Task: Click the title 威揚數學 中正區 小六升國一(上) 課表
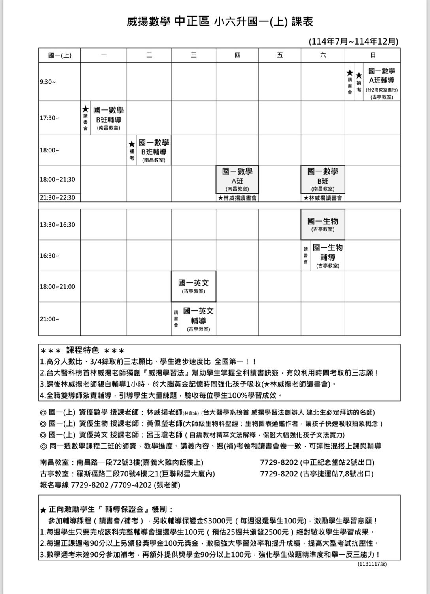pos(220,21)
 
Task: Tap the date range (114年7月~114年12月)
pos(353,41)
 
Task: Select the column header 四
pos(237,55)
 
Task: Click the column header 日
pos(372,55)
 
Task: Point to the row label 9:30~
pos(48,82)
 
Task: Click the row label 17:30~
pos(49,118)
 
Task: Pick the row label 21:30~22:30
pos(57,197)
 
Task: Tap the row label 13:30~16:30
pos(57,225)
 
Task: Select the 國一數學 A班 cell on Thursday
pos(237,179)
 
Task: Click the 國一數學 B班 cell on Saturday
pos(322,179)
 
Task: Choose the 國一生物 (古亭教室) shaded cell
pos(322,224)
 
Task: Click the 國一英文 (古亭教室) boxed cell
pos(193,286)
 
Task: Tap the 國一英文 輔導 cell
pos(198,319)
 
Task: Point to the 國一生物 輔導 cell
pos(328,256)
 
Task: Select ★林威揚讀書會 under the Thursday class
pos(237,198)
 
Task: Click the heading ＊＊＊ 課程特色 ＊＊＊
pos(83,351)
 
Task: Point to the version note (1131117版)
pos(372,564)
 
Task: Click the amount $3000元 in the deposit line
pos(218,521)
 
